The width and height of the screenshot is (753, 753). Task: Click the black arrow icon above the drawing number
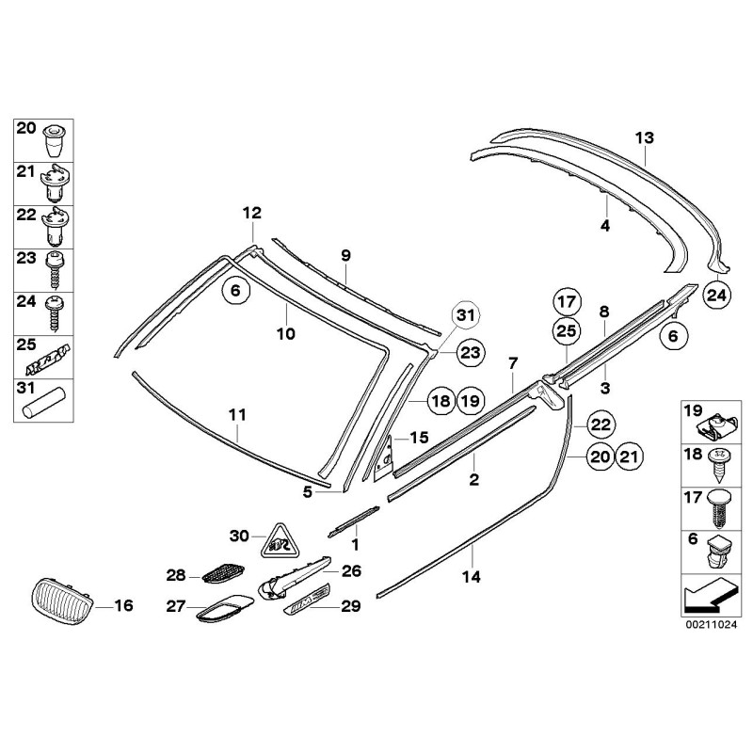pyautogui.click(x=707, y=596)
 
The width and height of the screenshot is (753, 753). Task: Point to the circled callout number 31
pyautogui.click(x=464, y=316)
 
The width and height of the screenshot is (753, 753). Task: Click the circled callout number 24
pyautogui.click(x=716, y=295)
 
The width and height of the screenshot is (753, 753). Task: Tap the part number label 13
pyautogui.click(x=644, y=138)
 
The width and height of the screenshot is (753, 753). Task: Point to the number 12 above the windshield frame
pyautogui.click(x=251, y=214)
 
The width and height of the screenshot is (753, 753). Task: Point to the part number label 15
pyautogui.click(x=419, y=438)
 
